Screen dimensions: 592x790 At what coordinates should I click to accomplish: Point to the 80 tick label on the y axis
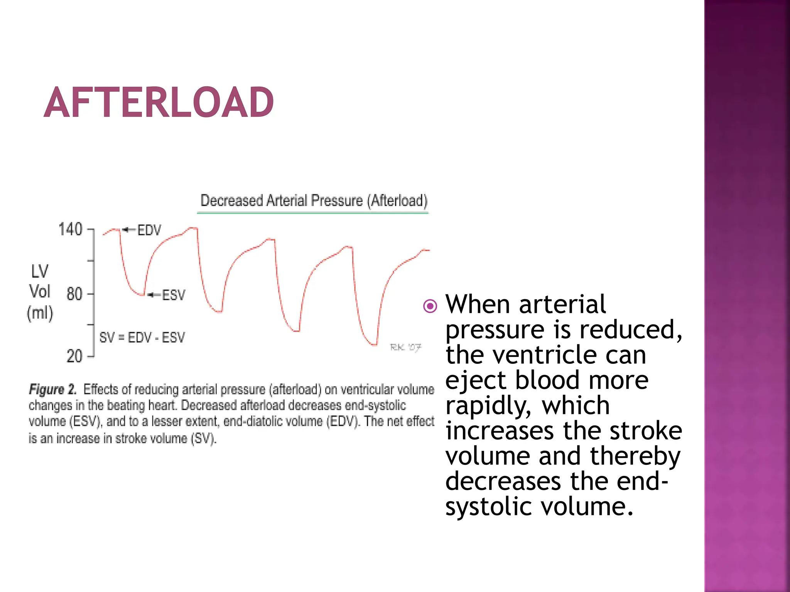[74, 294]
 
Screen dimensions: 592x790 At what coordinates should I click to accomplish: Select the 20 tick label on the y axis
[74, 356]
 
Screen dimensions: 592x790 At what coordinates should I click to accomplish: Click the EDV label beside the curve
[149, 230]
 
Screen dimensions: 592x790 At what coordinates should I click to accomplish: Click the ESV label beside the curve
[173, 295]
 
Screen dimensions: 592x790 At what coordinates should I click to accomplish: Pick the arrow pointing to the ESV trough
[154, 295]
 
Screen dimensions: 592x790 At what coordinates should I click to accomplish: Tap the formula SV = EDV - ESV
[142, 338]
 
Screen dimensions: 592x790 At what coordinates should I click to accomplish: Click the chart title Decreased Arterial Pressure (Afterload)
[314, 200]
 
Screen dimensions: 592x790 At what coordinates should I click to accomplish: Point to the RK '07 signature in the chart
[405, 347]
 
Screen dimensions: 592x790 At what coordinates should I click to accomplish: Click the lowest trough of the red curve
[373, 344]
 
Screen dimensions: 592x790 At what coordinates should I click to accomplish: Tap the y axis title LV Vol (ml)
[40, 292]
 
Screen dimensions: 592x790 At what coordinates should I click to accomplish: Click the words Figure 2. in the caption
[53, 389]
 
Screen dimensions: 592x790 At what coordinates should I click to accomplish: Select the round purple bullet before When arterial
[430, 306]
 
